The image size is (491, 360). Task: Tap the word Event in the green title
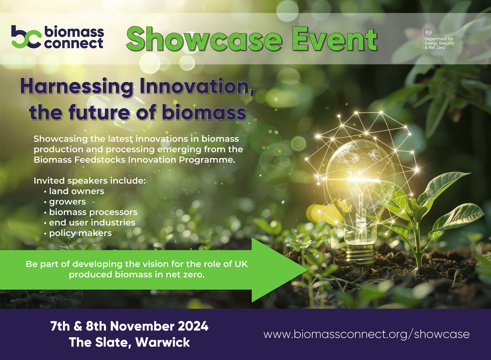point(333,40)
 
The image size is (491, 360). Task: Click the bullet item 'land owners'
point(77,191)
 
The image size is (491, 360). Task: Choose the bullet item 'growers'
point(68,202)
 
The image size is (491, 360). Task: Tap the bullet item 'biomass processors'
point(93,212)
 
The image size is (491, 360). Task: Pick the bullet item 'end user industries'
point(92,223)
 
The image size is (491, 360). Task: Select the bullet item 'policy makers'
point(80,233)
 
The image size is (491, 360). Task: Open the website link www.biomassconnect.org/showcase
point(366,334)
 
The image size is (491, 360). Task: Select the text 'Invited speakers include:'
point(90,181)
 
